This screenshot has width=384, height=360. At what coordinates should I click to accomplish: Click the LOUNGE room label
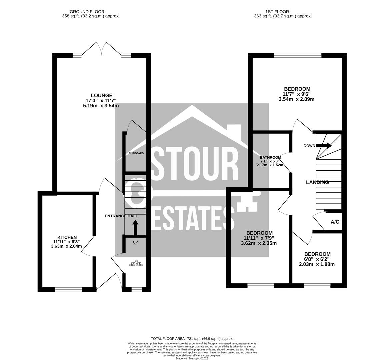102,95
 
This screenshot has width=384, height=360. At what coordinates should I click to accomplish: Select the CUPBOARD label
136,153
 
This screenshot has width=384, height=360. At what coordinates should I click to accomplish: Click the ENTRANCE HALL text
121,216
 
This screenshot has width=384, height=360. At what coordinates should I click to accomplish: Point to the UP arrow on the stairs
135,228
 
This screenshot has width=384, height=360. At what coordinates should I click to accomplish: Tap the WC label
136,261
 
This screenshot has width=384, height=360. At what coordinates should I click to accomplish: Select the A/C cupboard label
335,222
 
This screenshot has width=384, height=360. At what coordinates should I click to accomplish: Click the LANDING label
317,182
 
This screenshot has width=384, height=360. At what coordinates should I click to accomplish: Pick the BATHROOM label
270,157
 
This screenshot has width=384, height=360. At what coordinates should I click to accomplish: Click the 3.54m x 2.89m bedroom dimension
296,99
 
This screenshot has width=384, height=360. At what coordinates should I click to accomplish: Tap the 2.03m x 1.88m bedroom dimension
317,264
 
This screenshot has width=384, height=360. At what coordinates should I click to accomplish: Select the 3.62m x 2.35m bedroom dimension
259,243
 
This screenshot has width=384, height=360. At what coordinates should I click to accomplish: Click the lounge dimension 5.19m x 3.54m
101,106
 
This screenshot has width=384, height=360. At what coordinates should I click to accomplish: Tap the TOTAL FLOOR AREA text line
192,338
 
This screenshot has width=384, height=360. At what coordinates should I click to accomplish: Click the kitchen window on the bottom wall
68,290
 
